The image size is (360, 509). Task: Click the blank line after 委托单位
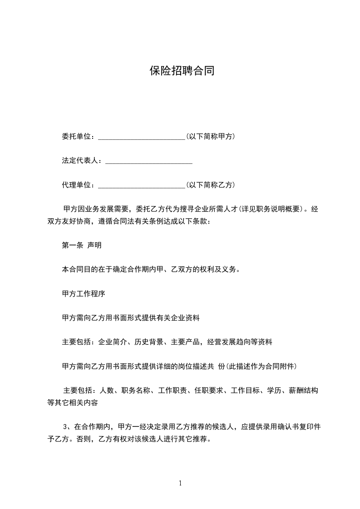tap(141, 137)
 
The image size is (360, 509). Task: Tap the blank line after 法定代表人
tap(148, 161)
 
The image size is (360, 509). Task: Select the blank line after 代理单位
tap(141, 185)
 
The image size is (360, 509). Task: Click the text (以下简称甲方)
tap(210, 136)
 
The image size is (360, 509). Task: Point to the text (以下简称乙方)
tap(210, 185)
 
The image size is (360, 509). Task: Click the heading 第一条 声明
tap(81, 245)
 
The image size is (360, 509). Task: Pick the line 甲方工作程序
tap(83, 294)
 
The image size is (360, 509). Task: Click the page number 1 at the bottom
tap(180, 483)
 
